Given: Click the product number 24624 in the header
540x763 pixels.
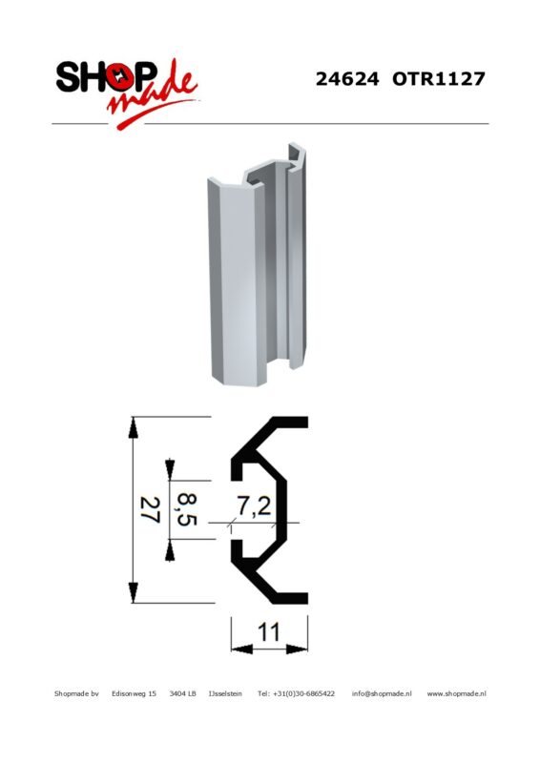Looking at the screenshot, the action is [346, 79].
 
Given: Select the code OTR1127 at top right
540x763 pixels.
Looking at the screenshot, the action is [439, 79].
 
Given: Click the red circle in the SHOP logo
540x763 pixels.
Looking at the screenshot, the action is [120, 77].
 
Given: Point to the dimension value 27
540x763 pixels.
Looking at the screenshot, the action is [150, 509].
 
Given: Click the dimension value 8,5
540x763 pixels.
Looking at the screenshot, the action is [186, 509].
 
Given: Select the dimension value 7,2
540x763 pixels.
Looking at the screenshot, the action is [254, 506].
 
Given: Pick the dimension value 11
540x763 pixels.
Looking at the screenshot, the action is [269, 632].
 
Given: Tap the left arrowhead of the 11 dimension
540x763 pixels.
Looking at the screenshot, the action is [242, 649].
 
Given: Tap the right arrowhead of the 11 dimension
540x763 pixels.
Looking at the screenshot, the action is [297, 649].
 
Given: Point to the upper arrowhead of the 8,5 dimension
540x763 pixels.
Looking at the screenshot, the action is [170, 469].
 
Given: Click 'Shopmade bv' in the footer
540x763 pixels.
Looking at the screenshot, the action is [76, 694].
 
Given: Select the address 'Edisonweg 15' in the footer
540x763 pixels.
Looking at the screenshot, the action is [134, 694].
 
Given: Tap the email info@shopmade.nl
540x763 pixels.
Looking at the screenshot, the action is [382, 694].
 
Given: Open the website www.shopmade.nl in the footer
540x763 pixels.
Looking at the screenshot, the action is [456, 694].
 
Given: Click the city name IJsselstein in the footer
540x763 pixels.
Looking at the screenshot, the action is [225, 694].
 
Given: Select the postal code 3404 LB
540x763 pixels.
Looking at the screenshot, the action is [182, 694].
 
